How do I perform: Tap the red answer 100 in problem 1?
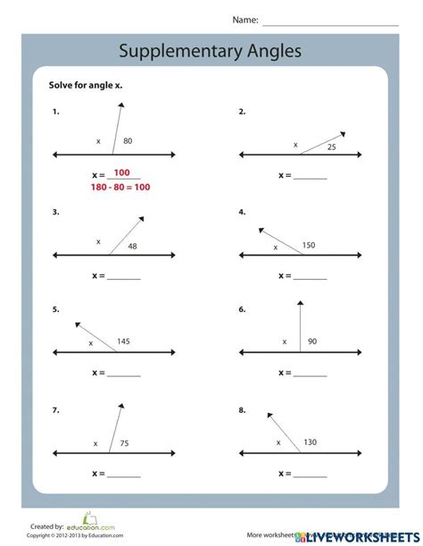pos(121,172)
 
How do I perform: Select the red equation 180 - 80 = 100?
pos(120,187)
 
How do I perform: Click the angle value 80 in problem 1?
pos(129,141)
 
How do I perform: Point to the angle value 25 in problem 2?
pos(331,147)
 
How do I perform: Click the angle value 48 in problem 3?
pos(132,246)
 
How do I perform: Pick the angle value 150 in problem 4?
pos(309,244)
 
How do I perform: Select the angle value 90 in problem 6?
pos(312,341)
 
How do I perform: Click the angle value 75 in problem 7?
pos(125,442)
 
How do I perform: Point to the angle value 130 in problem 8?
pos(310,441)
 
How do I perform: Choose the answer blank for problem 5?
pos(124,374)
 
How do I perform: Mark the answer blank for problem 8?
pos(311,475)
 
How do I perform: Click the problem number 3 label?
pos(55,212)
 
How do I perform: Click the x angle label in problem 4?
pos(276,248)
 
